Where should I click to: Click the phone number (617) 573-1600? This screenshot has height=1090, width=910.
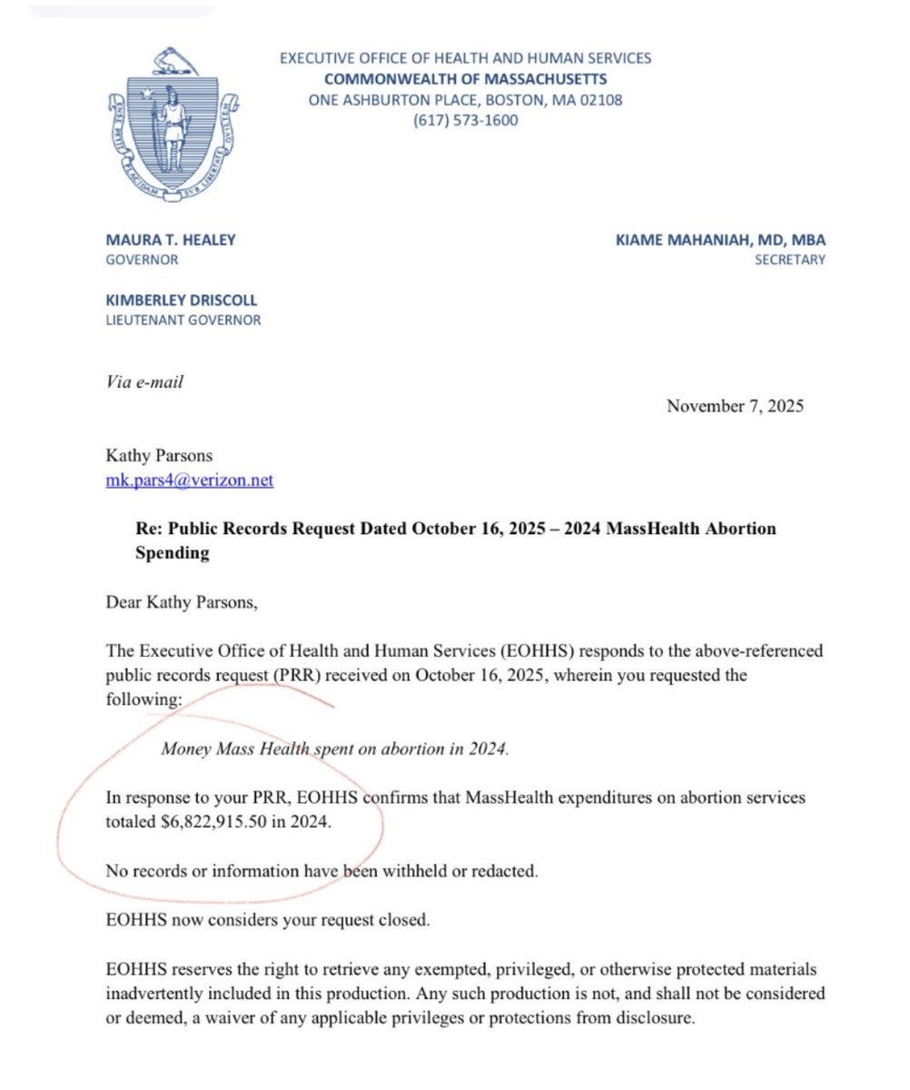pos(465,119)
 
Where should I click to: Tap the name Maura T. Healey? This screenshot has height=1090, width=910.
pos(169,241)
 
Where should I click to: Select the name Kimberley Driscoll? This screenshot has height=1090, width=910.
pos(182,301)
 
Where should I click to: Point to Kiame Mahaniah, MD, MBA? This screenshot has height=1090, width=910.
pos(720,241)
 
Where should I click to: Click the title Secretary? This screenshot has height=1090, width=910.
pos(789,260)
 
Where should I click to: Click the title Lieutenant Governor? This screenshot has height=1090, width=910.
pos(183,320)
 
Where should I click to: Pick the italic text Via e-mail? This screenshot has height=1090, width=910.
pos(144,381)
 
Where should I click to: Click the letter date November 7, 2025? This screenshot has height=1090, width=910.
pos(735,406)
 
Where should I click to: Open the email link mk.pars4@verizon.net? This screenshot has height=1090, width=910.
pos(190,481)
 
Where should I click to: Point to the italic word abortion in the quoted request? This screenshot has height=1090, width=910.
pos(409,749)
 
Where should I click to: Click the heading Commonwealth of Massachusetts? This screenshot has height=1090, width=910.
pos(465,79)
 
